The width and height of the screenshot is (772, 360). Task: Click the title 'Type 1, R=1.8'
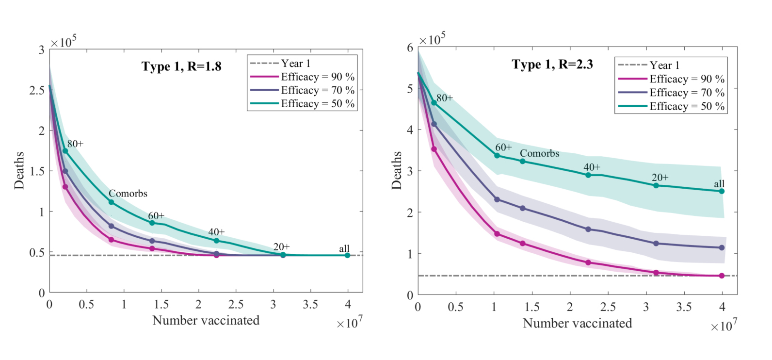(x=181, y=66)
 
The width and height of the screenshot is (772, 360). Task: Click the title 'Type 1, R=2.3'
(x=552, y=65)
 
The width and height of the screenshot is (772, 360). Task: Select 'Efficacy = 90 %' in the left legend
(x=318, y=77)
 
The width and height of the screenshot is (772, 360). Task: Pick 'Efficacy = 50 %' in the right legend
(x=687, y=106)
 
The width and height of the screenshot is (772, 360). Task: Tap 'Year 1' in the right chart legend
(x=664, y=65)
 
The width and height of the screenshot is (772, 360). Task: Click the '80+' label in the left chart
(x=75, y=144)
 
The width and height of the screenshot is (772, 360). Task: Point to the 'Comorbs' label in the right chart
(x=539, y=153)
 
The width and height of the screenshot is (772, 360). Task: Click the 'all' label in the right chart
(x=719, y=184)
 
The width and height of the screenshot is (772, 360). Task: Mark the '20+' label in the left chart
(x=281, y=247)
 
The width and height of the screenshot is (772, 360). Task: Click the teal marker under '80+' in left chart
(x=65, y=151)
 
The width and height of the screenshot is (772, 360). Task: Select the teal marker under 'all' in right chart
(x=722, y=191)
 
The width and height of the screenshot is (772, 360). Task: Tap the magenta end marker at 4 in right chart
(x=722, y=276)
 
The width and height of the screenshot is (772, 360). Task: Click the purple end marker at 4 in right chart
(x=722, y=247)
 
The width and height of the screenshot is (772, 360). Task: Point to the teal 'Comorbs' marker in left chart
(x=111, y=202)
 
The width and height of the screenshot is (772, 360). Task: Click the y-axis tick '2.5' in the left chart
(x=37, y=90)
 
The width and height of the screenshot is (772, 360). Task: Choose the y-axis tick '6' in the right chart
(x=410, y=48)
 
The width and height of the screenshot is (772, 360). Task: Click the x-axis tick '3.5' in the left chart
(x=310, y=305)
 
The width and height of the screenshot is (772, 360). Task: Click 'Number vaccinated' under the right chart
(x=577, y=323)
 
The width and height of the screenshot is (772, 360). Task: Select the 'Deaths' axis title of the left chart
(x=19, y=170)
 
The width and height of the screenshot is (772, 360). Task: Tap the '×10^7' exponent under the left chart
(x=350, y=322)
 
